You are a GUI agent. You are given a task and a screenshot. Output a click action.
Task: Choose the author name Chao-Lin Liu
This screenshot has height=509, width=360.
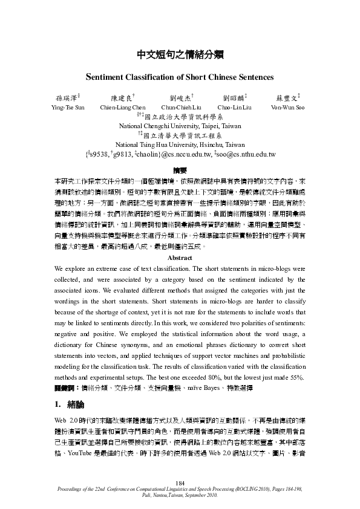[x=234, y=108]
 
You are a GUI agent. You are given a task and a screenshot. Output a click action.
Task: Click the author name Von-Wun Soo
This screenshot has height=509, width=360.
[x=288, y=108]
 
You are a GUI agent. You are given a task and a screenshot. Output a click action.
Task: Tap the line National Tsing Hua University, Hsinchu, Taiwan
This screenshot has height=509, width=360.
[x=180, y=145]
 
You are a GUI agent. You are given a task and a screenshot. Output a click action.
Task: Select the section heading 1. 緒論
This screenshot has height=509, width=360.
[x=70, y=404]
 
